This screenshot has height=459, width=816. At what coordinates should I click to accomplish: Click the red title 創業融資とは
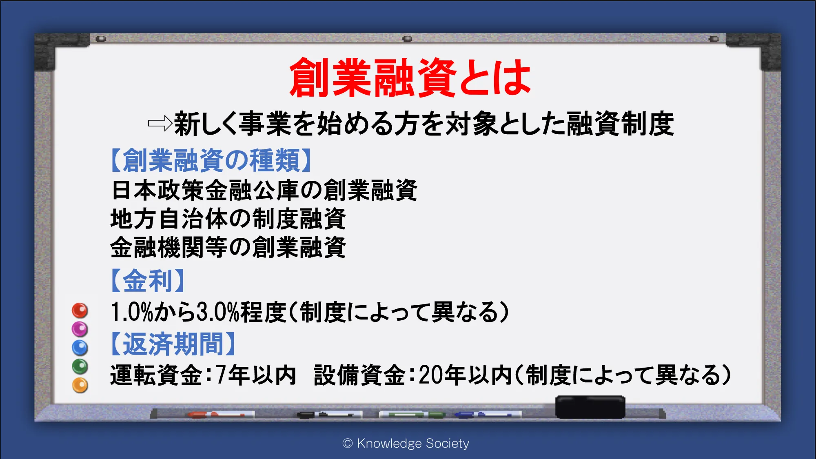point(410,78)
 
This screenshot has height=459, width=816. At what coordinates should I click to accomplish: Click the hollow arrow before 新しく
point(160,123)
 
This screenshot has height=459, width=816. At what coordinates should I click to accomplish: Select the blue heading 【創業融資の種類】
point(211,160)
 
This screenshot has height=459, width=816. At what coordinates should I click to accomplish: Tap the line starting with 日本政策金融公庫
point(264,190)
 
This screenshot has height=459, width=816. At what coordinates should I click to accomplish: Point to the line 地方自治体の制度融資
point(228,219)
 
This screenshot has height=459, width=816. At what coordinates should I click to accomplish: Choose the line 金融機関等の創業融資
point(228,247)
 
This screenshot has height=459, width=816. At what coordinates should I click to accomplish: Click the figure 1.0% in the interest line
point(131,312)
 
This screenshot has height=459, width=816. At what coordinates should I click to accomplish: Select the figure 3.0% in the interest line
point(217,312)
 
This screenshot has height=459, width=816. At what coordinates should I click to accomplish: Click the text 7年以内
point(256,375)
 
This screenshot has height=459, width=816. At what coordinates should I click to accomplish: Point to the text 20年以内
point(465,375)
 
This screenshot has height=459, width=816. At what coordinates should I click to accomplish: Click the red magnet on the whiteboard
point(80,310)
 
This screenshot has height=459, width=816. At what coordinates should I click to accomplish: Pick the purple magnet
point(80,329)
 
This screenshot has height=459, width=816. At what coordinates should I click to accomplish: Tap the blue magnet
point(80,348)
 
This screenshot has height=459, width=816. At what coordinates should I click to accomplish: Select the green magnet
point(80,366)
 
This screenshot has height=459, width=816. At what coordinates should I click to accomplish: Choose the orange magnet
point(80,385)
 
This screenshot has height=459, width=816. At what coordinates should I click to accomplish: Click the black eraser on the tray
point(590,407)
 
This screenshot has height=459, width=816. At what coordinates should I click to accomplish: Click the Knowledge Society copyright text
point(406,443)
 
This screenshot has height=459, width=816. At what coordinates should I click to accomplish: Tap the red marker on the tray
point(216,415)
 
